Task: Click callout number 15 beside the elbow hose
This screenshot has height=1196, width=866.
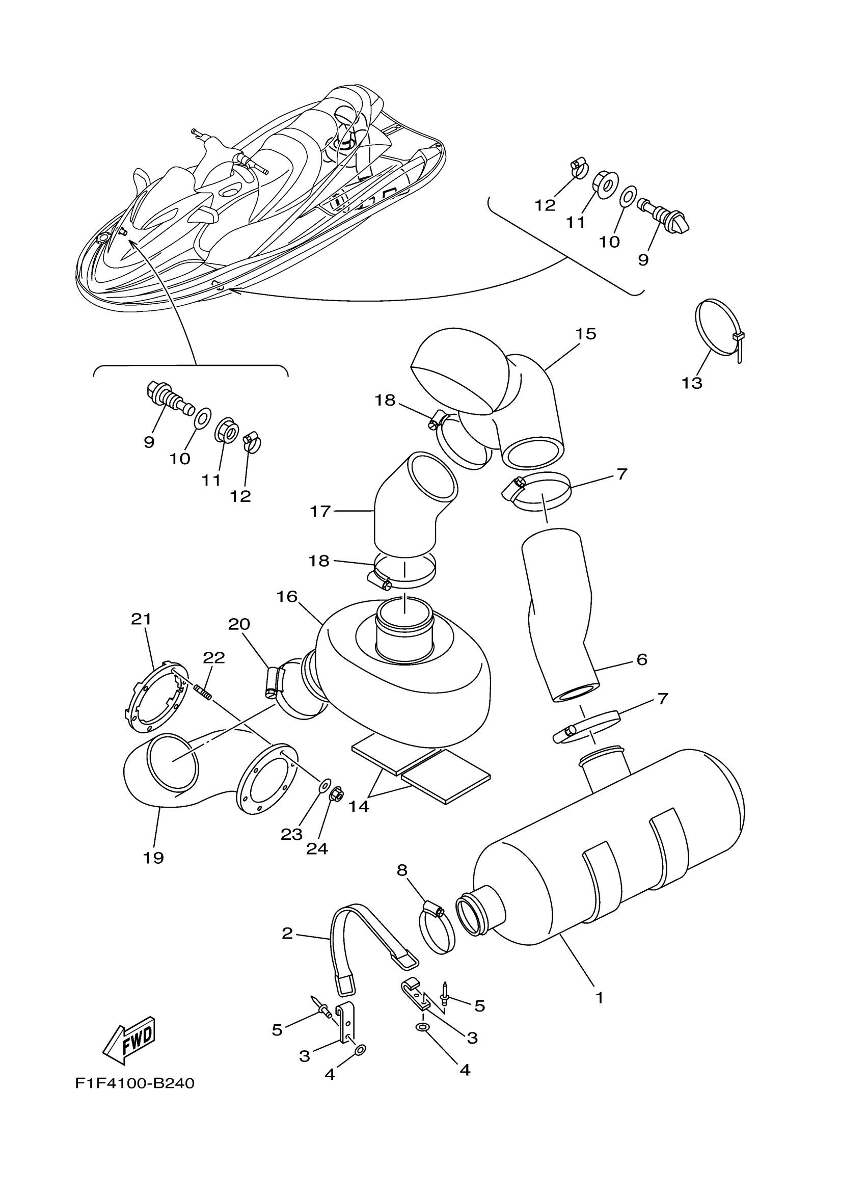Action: click(x=586, y=334)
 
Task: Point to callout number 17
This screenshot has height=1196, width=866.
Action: click(x=320, y=511)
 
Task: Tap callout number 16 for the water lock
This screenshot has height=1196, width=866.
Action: click(x=287, y=596)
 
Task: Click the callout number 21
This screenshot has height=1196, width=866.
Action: click(x=141, y=619)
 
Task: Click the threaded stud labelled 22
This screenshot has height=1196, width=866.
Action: click(x=203, y=692)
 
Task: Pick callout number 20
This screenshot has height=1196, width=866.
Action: click(x=239, y=624)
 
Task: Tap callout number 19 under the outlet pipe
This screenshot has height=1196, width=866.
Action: click(x=153, y=858)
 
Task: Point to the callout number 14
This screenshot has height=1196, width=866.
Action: click(x=359, y=821)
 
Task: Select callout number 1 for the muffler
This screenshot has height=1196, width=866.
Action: click(x=599, y=998)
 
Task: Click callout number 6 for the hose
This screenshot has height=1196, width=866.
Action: click(x=641, y=659)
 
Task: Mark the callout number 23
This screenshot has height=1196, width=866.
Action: click(x=291, y=834)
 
